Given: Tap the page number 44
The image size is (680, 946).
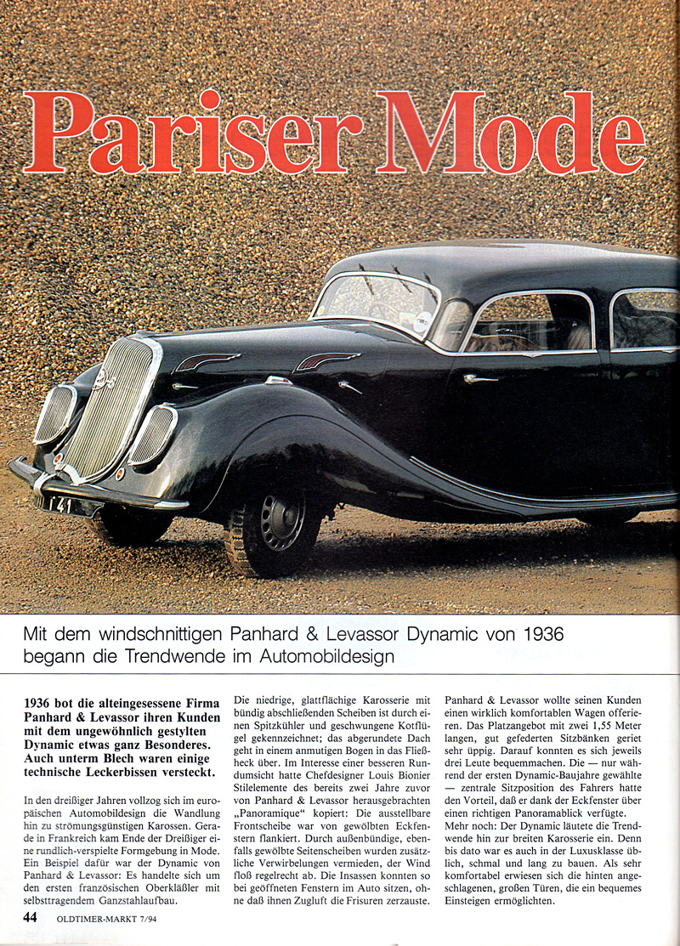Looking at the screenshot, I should (x=30, y=917).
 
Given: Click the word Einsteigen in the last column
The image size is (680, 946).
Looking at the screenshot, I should (x=479, y=902).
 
